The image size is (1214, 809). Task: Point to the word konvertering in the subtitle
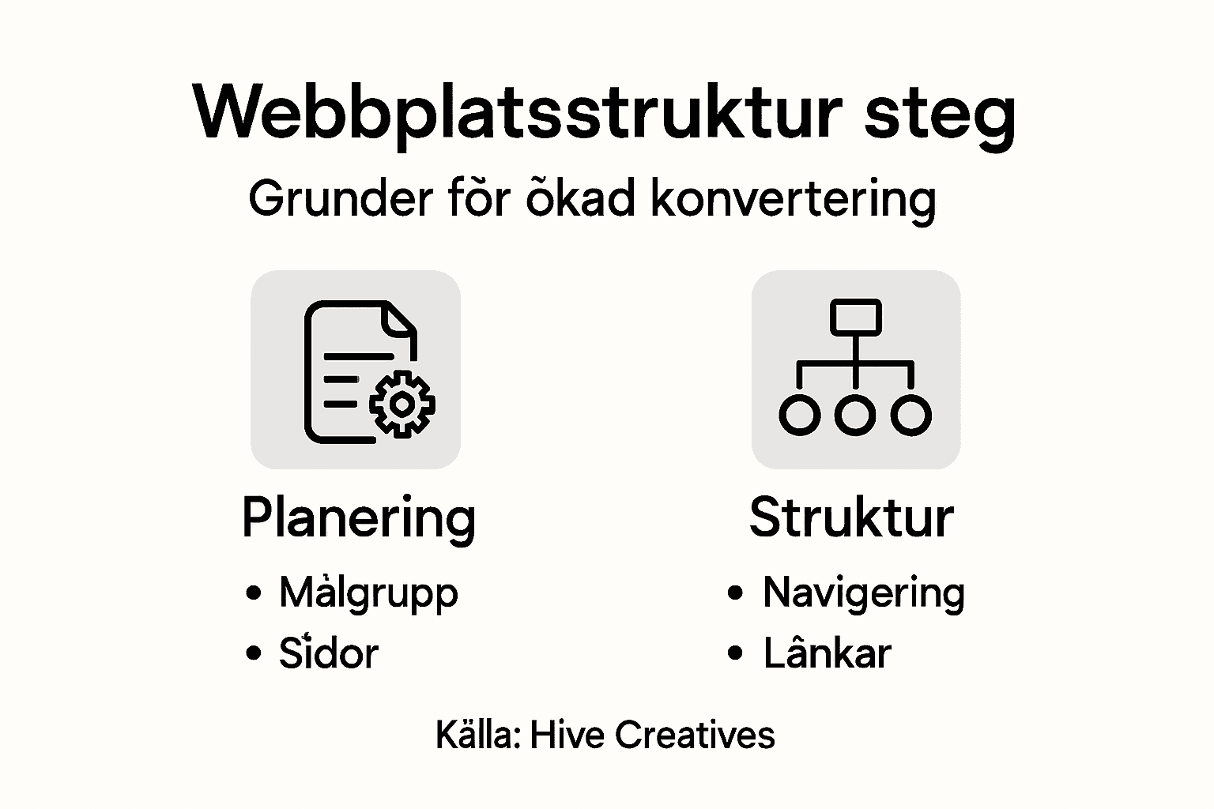pos(793,200)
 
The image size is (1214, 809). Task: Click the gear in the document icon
pos(402,404)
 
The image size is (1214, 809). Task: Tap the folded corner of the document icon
pos(400,318)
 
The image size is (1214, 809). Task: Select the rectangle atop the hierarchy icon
pos(855,316)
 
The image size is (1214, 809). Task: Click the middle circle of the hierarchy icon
pos(855,415)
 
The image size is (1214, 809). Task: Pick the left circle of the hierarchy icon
pos(799,415)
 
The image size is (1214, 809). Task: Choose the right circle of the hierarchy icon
pos(911,415)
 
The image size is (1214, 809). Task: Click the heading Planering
pos(359,519)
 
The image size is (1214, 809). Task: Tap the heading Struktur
pos(851,518)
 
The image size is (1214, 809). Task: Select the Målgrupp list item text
pos(368,593)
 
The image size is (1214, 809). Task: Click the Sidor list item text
pos(328,653)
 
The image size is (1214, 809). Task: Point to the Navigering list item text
pos(863,593)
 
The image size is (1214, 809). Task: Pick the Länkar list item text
pos(827,653)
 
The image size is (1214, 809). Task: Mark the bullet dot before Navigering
pos(735,593)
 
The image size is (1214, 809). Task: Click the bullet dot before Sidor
pos(253,653)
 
